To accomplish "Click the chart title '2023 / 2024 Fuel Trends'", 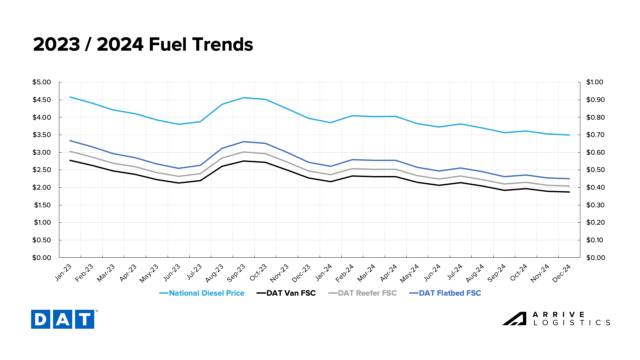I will click(x=143, y=44).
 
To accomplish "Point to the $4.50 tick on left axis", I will click(x=42, y=100).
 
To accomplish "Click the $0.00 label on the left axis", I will click(x=42, y=258).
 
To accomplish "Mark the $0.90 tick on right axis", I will click(x=595, y=100).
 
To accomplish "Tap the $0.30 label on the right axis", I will click(x=595, y=205).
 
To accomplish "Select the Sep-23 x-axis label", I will click(x=236, y=273).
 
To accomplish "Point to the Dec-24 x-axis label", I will click(x=562, y=273).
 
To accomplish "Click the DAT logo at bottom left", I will click(x=63, y=319).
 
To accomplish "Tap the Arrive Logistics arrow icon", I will click(x=514, y=319).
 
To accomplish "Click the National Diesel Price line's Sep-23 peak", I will click(x=244, y=98).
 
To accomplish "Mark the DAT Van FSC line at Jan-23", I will click(x=70, y=160).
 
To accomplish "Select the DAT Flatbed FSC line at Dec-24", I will click(x=569, y=179).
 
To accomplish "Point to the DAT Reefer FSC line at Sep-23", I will click(x=244, y=152).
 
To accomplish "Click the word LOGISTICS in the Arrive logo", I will click(x=572, y=323).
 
